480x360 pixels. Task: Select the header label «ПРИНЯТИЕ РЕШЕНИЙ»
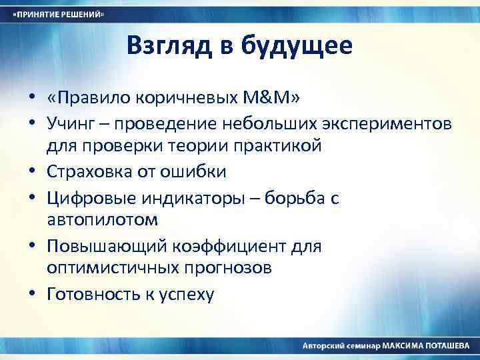[61, 15]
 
